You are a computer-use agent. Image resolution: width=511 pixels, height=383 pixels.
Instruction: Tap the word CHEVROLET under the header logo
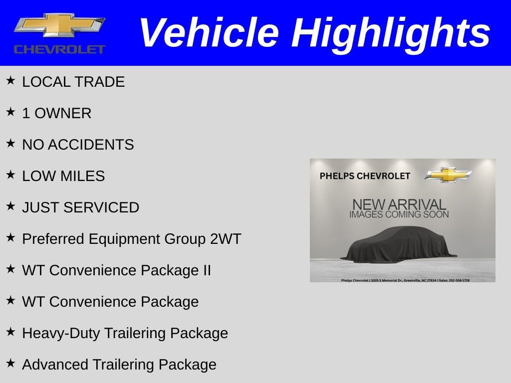59,49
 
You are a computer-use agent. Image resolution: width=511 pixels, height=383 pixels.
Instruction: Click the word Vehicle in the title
209,33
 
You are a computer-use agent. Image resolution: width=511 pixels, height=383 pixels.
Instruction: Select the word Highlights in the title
391,33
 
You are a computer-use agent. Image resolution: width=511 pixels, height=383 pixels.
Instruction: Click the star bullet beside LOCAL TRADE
10,80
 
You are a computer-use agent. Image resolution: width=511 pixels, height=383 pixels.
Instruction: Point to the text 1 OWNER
56,113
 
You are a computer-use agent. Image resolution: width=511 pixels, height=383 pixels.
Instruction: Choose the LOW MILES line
63,176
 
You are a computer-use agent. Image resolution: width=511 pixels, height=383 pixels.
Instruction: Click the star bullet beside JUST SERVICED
10,206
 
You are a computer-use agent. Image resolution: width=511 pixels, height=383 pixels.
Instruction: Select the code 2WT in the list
225,239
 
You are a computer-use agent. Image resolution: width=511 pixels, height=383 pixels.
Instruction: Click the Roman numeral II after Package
206,270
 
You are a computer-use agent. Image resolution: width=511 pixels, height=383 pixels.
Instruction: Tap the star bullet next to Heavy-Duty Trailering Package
10,332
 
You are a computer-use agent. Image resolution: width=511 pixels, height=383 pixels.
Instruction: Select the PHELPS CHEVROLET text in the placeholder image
365,176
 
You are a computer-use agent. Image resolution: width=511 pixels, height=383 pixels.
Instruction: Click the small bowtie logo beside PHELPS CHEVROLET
448,175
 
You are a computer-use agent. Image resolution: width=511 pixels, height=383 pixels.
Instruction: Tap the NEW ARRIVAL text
399,204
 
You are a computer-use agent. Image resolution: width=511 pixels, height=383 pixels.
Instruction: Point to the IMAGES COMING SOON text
399,214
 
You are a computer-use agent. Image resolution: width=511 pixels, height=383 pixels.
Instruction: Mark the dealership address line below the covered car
405,280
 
